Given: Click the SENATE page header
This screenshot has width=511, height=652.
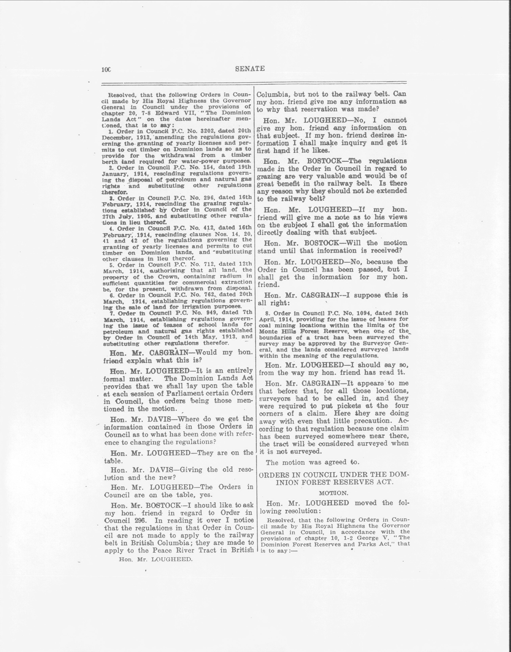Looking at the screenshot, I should [x=250, y=69].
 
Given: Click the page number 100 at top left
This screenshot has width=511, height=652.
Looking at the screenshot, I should [x=106, y=70].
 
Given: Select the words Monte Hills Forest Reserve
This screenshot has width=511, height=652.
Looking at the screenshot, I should [x=305, y=331].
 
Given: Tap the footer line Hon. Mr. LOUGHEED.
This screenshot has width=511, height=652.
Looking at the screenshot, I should [x=156, y=559].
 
